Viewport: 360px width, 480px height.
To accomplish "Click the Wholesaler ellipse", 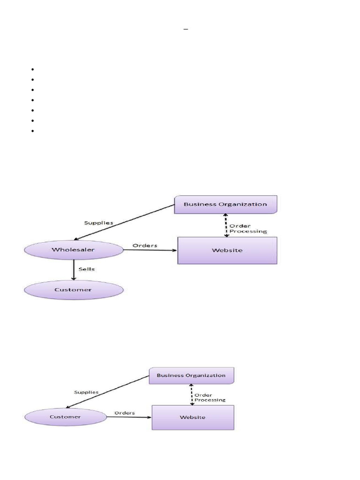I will (x=73, y=250).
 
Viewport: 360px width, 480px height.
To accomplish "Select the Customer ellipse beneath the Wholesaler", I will (x=73, y=290).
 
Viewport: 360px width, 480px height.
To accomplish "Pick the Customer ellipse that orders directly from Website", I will (x=66, y=417).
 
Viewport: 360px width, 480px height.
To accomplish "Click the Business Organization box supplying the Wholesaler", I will (x=225, y=204).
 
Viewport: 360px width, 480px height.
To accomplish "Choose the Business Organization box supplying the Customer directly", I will (x=191, y=375).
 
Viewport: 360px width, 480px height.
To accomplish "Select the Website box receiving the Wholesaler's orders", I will (x=227, y=250).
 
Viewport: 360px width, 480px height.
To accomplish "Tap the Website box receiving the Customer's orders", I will (x=193, y=417).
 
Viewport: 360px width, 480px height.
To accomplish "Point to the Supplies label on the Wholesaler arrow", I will (x=98, y=223).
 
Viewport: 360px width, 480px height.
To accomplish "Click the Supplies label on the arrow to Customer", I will (x=86, y=392).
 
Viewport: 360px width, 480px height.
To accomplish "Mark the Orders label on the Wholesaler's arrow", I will (x=145, y=245).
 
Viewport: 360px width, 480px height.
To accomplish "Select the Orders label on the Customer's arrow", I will (x=125, y=413).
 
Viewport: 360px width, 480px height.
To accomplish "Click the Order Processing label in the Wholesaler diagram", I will (x=248, y=228).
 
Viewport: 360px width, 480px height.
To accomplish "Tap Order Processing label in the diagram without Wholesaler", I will (x=210, y=397).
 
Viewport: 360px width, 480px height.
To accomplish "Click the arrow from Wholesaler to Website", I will (x=150, y=250).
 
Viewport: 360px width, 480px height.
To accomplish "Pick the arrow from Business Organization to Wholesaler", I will (x=124, y=223).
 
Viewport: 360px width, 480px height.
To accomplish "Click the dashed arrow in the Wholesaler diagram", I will (x=226, y=225).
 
